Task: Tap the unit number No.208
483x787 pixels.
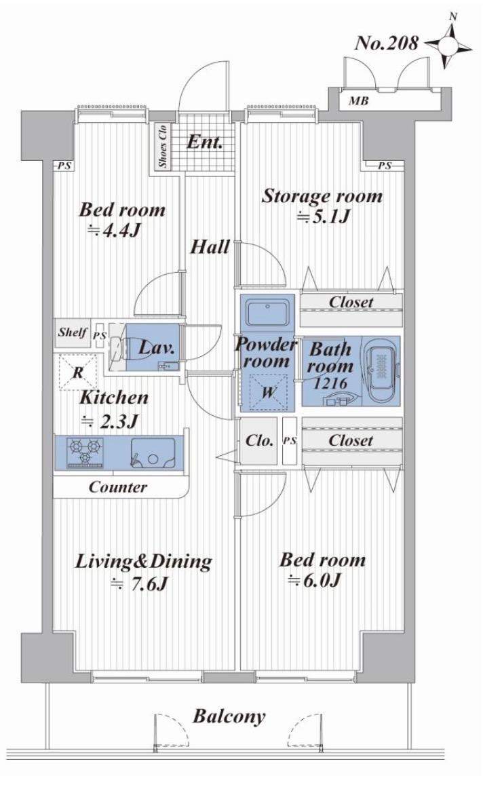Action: (386, 43)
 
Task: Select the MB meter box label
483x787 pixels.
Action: (358, 101)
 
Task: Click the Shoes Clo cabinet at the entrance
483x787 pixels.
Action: (162, 146)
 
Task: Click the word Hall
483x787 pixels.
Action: (210, 246)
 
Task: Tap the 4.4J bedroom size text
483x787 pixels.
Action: (113, 231)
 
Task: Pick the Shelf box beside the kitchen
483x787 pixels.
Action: (73, 333)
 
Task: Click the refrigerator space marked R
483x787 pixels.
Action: (78, 372)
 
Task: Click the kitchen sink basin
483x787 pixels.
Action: (153, 453)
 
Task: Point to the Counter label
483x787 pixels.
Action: (118, 487)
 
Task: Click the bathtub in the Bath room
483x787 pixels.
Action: (381, 371)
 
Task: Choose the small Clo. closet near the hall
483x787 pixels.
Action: (258, 441)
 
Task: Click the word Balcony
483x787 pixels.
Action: (229, 716)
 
